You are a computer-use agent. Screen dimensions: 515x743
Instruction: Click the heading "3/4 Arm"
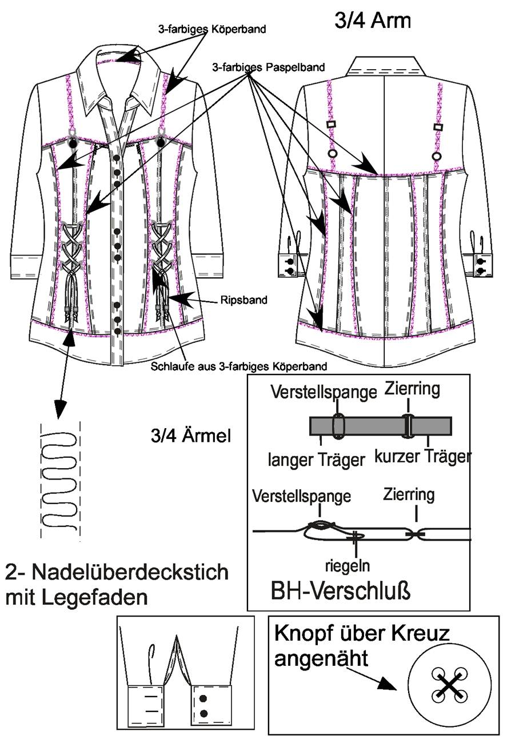373,21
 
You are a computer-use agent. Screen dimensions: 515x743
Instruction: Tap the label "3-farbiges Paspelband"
269,67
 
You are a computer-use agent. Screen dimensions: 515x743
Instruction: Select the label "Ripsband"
244,300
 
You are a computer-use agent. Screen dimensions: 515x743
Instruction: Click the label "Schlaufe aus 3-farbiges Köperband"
239,366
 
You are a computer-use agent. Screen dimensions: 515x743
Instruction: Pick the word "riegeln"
347,566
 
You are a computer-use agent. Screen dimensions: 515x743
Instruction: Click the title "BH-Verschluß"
341,591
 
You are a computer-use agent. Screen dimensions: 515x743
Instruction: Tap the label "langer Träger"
316,461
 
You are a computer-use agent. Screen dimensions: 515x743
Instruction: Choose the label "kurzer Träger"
423,457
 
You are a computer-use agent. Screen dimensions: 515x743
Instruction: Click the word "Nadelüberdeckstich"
131,573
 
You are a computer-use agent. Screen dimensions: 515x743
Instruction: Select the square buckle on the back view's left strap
331,125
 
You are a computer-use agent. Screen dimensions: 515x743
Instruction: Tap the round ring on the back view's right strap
438,156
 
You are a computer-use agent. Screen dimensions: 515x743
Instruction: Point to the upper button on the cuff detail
203,699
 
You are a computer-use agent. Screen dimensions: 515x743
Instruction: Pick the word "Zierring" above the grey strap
412,389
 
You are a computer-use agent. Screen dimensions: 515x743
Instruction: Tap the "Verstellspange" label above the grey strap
324,393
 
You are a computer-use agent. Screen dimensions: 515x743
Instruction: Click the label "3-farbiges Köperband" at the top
213,29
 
